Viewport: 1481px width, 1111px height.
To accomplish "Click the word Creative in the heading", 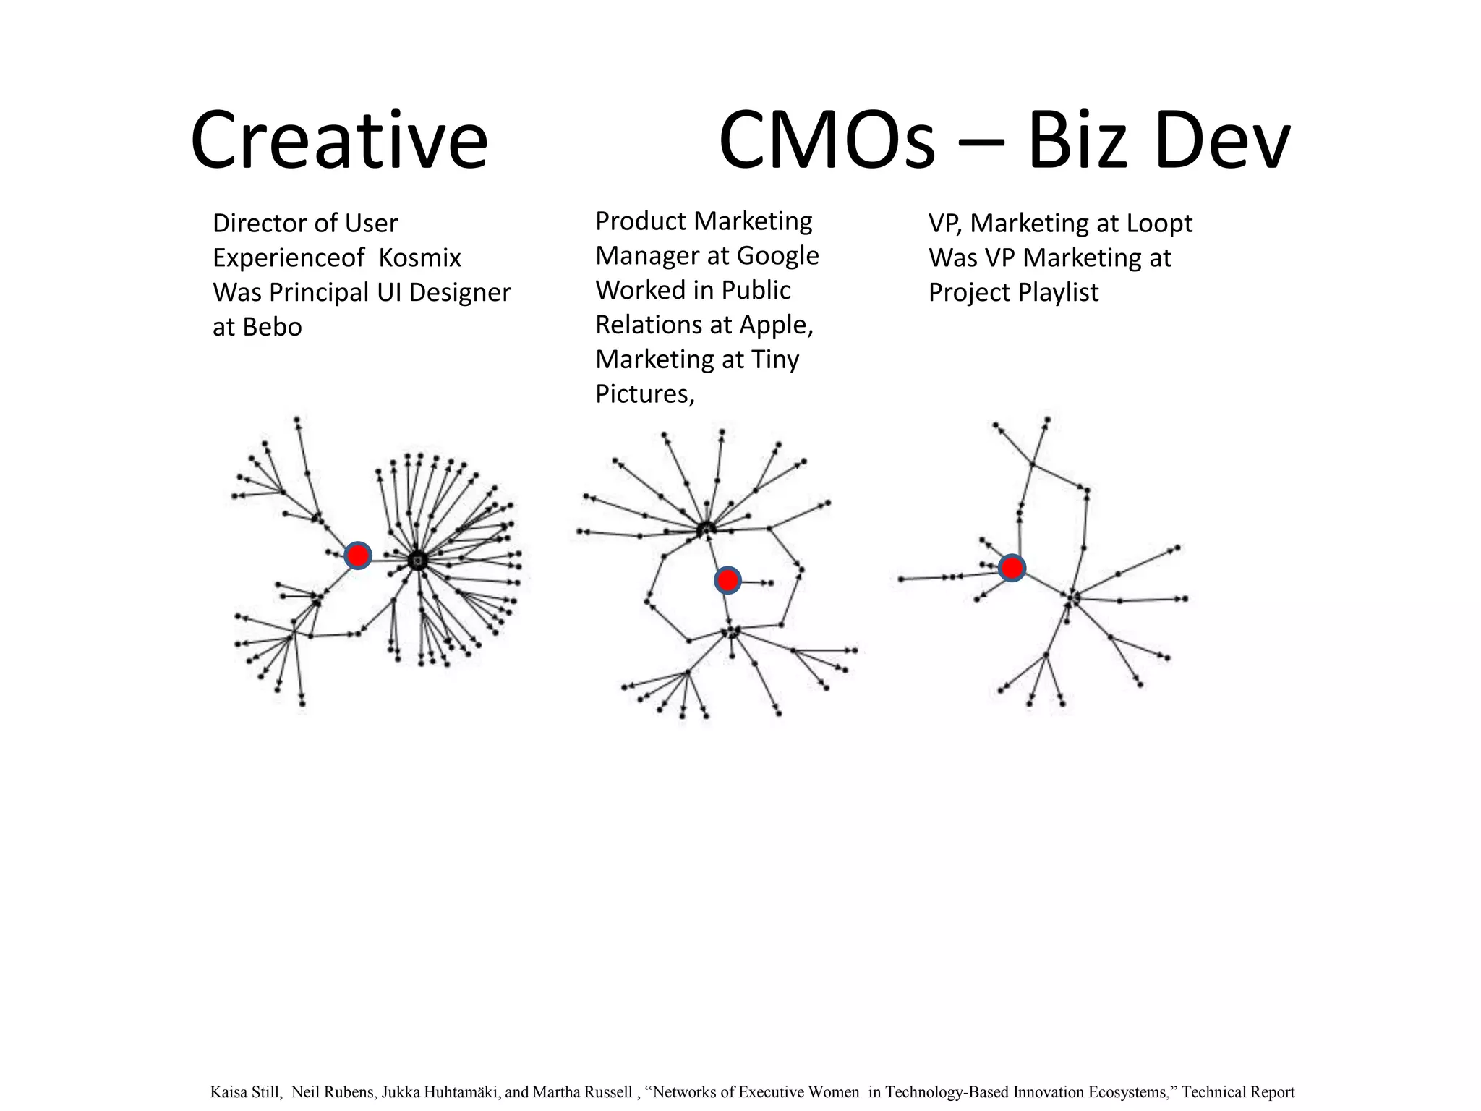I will tap(338, 140).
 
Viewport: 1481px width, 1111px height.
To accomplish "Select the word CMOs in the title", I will tap(827, 140).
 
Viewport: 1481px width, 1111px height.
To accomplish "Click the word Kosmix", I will tap(419, 258).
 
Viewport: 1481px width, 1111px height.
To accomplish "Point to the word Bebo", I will tap(272, 327).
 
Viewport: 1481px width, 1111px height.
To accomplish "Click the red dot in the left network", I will tap(358, 555).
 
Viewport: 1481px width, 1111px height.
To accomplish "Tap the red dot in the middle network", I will tap(727, 580).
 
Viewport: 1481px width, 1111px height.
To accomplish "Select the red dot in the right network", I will tap(1012, 568).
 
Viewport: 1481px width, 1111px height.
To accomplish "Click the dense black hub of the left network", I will tap(417, 560).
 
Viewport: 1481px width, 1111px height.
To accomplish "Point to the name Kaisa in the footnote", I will tap(228, 1092).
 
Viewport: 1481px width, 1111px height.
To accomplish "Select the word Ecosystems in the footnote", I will tap(1131, 1092).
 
